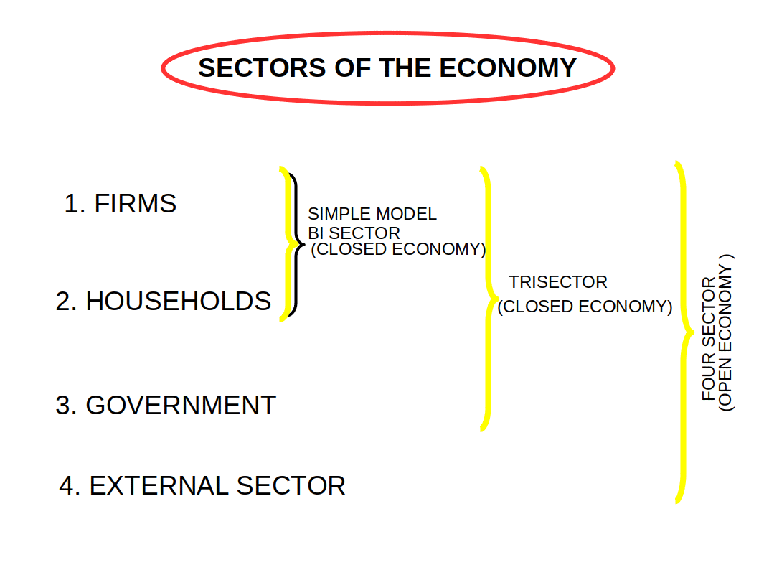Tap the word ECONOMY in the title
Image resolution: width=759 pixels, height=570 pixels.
pyautogui.click(x=508, y=68)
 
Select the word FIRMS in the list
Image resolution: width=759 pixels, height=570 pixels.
pyautogui.click(x=136, y=204)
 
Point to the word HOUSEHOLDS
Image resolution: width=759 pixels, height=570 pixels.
pyautogui.click(x=179, y=302)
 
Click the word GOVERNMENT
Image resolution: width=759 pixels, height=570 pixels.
pyautogui.click(x=181, y=406)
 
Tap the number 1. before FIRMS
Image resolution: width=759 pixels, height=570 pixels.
pyautogui.click(x=75, y=204)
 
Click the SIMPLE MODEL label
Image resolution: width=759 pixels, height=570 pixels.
pyautogui.click(x=372, y=214)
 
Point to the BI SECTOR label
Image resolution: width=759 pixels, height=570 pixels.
pyautogui.click(x=354, y=233)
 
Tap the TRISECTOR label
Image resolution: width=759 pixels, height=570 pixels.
pyautogui.click(x=558, y=282)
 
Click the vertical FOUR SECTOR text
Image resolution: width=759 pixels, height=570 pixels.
pyautogui.click(x=709, y=338)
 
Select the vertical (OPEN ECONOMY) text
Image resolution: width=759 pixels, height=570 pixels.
pyautogui.click(x=727, y=332)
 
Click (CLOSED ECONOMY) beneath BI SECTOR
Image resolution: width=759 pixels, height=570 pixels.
pyautogui.click(x=398, y=250)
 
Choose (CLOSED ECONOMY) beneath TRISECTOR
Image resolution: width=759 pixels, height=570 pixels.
pyautogui.click(x=585, y=307)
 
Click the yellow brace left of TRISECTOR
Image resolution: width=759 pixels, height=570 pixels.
pyautogui.click(x=486, y=298)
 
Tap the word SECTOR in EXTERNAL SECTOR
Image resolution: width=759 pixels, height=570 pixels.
pyautogui.click(x=291, y=486)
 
